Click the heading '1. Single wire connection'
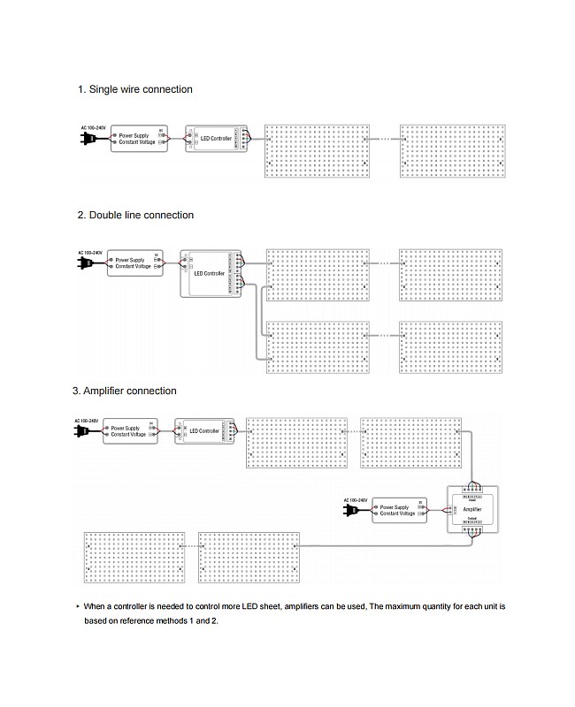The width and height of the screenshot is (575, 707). pos(134,89)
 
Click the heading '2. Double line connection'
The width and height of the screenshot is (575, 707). pos(135,215)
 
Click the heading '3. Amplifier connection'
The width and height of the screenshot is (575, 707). pos(124,391)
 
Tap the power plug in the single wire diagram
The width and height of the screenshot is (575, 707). pos(89,139)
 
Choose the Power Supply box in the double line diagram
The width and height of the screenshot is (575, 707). pos(135,262)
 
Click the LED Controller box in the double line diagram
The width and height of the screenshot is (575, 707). pos(210,272)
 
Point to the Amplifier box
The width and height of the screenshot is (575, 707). pos(473,510)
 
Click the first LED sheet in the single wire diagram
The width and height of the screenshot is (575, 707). pos(315,150)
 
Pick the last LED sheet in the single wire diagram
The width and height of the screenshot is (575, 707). pos(454,150)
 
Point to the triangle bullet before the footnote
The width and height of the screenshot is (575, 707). pos(78,607)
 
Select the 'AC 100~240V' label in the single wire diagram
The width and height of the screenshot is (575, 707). pos(93,129)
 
